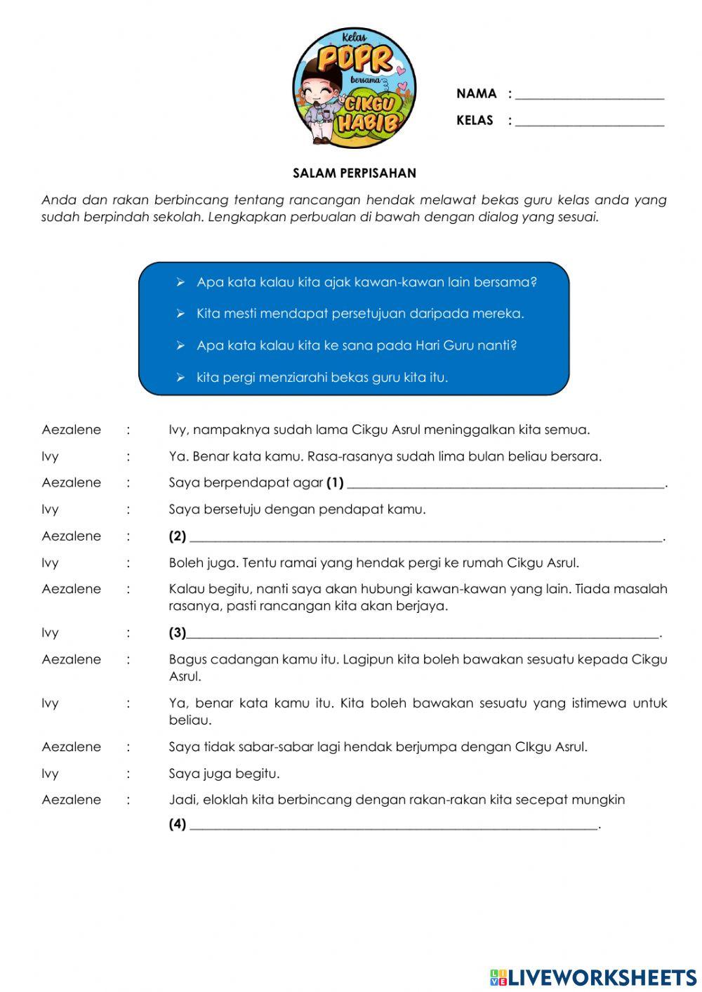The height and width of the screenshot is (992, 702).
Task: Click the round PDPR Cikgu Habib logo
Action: pos(354,88)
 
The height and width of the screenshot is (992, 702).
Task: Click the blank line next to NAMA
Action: pos(589,95)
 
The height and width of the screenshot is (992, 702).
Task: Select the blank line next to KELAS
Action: pos(589,122)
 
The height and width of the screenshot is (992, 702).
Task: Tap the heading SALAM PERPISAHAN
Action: pos(354,173)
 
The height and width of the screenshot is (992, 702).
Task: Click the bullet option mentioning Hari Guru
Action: pos(357,345)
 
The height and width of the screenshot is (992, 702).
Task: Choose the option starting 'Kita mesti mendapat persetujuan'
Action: pos(360,314)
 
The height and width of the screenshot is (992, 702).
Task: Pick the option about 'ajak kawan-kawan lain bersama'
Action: pos(366,282)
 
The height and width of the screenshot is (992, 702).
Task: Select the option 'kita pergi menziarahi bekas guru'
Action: pos(322,378)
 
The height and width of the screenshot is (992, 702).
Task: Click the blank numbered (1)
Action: pos(505,484)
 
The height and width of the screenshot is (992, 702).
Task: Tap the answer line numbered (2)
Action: pos(425,538)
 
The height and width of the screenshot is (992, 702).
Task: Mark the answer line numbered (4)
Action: pos(393,826)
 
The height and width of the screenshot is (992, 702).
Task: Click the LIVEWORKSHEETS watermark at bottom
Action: pos(593,977)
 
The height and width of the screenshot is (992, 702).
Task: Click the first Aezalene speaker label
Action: pos(71,430)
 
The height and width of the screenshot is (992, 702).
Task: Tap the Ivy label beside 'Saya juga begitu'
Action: pos(50,774)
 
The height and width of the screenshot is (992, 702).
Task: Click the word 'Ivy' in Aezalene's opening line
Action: pos(178,430)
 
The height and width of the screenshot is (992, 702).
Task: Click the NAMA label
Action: pos(476,93)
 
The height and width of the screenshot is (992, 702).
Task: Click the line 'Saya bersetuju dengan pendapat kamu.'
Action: pos(297,510)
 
